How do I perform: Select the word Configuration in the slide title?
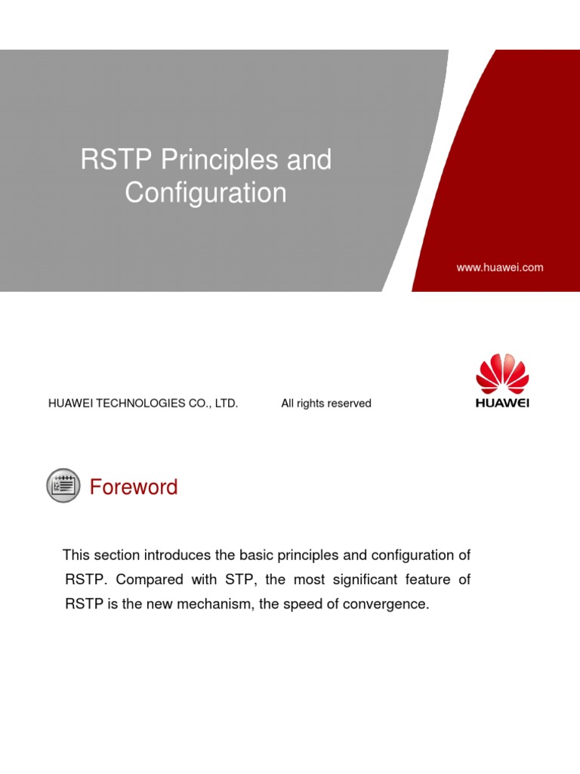tap(205, 193)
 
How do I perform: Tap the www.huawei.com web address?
tap(499, 268)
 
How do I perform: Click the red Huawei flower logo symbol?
tap(502, 373)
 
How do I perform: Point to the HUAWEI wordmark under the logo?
tap(502, 403)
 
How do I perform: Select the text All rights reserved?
tap(326, 404)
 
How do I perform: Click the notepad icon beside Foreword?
tap(63, 485)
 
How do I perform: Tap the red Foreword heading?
tap(134, 487)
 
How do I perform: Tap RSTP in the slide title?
tap(114, 161)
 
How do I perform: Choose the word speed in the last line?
tap(301, 605)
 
